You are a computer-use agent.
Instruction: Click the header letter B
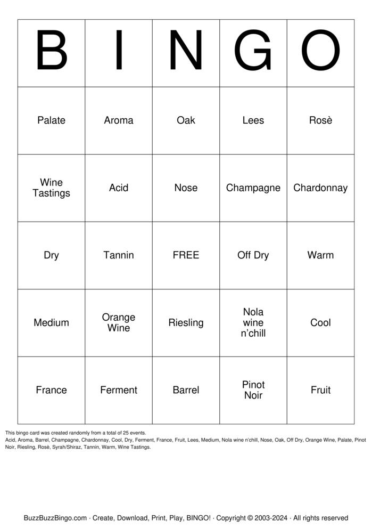pyautogui.click(x=51, y=52)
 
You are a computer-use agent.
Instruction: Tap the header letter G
pyautogui.click(x=253, y=52)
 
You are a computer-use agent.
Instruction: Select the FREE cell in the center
pyautogui.click(x=186, y=255)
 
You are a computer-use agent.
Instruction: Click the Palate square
pyautogui.click(x=51, y=120)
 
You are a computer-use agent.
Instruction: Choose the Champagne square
pyautogui.click(x=253, y=188)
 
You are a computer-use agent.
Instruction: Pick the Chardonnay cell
pyautogui.click(x=320, y=188)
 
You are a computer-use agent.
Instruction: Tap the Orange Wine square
pyautogui.click(x=118, y=322)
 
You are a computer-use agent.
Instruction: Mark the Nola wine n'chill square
pyautogui.click(x=253, y=322)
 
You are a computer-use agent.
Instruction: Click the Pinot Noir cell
pyautogui.click(x=253, y=390)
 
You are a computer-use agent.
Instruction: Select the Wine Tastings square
pyautogui.click(x=51, y=188)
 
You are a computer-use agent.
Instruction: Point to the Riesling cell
pyautogui.click(x=186, y=322)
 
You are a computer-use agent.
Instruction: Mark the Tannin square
pyautogui.click(x=118, y=255)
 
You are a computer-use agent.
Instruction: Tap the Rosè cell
pyautogui.click(x=320, y=120)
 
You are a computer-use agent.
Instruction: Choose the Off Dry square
pyautogui.click(x=253, y=255)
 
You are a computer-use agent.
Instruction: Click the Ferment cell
pyautogui.click(x=118, y=390)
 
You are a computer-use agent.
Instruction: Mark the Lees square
pyautogui.click(x=253, y=120)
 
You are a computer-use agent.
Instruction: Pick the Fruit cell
pyautogui.click(x=320, y=390)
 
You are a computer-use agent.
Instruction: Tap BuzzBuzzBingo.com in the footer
pyautogui.click(x=55, y=518)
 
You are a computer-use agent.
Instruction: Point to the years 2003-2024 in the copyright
pyautogui.click(x=269, y=518)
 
